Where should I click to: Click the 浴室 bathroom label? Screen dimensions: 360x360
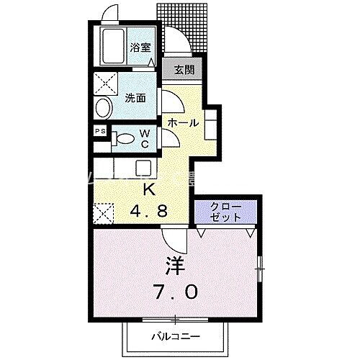(x=140, y=48)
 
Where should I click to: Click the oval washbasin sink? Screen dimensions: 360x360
(x=103, y=109)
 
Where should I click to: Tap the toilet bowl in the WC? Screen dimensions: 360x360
(x=124, y=138)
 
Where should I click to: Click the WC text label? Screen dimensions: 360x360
(x=145, y=138)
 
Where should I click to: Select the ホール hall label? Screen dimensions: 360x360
(x=183, y=122)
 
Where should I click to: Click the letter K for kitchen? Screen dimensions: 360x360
(x=150, y=190)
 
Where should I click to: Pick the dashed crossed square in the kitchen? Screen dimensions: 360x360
(x=103, y=212)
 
